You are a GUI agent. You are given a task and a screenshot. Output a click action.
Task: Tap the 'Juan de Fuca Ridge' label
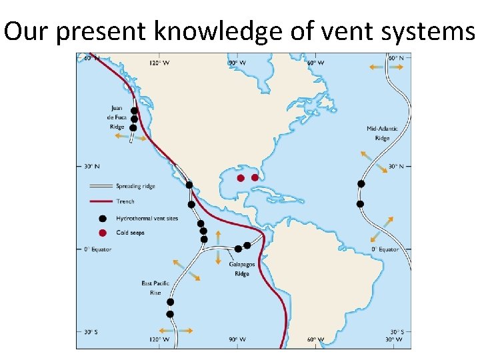point(117,117)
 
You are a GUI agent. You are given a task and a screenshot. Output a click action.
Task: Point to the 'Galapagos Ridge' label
point(241,269)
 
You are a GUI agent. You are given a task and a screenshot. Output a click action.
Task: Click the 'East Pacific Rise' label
point(151,288)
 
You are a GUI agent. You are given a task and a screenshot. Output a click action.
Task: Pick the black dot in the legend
point(102,218)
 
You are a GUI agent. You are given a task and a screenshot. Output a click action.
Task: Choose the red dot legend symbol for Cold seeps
point(102,233)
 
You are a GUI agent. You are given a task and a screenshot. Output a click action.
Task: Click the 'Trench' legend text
point(125,201)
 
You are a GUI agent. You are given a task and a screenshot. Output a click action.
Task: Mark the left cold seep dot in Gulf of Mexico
point(241,178)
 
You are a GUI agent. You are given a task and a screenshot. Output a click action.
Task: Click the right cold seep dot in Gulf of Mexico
point(255,178)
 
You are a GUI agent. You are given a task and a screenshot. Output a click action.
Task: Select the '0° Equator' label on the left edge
point(97,249)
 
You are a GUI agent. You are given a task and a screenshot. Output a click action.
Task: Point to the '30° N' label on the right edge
point(396,166)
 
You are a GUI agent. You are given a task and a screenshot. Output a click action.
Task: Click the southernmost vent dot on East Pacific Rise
point(170,314)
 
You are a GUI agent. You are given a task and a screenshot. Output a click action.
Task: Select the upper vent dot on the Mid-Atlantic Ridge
point(361,183)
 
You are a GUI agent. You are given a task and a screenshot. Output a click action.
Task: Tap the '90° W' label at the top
point(237,63)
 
